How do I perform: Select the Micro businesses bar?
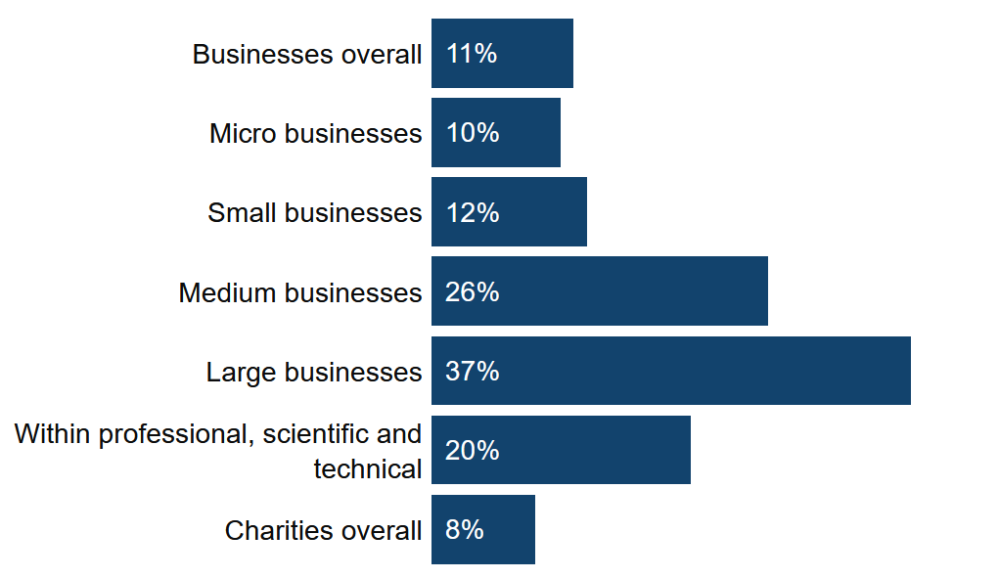point(519,133)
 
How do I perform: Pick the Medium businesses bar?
point(626,291)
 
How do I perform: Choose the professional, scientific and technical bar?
point(587,450)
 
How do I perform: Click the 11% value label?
point(472,54)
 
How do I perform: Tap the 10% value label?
point(473,133)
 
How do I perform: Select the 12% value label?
point(473,212)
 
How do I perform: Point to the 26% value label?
point(473,291)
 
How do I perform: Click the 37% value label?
point(473,371)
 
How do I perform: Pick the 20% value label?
point(473,450)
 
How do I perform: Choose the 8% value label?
point(465,529)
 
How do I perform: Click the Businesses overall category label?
point(307,55)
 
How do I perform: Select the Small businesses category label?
point(315,213)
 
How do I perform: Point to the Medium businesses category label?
point(300,292)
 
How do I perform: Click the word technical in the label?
point(368,469)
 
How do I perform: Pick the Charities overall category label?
point(324,530)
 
